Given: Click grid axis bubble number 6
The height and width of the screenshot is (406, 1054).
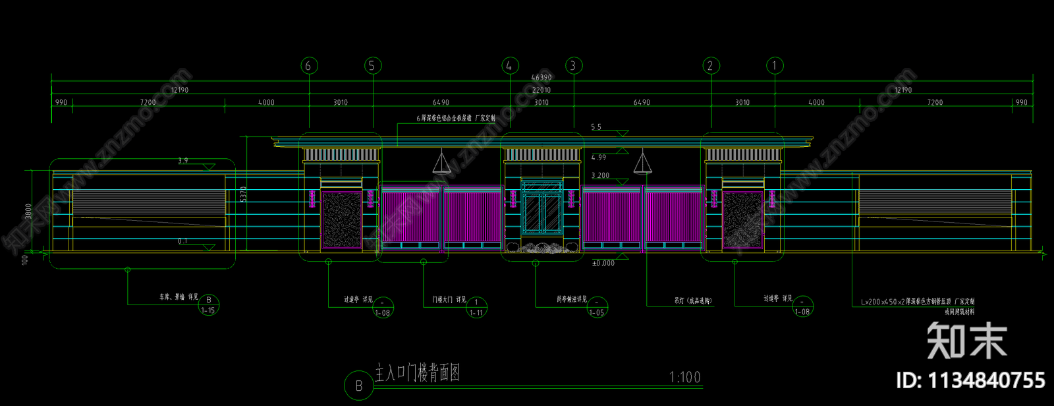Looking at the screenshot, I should point(309,66).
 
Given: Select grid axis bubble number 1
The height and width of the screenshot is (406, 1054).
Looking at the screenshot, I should point(774,66).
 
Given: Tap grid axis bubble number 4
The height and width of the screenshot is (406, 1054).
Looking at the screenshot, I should point(509,66).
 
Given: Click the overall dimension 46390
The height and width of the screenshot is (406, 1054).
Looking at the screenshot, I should point(541,78).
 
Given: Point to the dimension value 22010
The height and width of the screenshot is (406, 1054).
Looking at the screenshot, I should point(541,90).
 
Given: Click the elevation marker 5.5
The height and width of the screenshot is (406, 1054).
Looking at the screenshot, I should point(596,127).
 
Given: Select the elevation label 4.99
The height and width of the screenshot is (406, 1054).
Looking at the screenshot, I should point(599,158).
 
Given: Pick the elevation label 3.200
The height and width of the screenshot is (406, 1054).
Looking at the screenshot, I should point(600,176).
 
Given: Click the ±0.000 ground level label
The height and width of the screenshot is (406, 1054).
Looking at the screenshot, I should point(603,263).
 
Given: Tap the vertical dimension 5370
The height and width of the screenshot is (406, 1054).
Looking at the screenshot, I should point(244,194).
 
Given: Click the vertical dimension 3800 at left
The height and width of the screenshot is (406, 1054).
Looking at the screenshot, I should point(28,211).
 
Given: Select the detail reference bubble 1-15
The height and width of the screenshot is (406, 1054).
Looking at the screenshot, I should point(208,305).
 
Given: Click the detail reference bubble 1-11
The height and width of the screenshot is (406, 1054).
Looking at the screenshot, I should point(476,308).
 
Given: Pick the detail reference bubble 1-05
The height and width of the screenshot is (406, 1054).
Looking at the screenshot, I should point(597,308).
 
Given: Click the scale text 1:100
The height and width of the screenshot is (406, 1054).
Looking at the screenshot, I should point(684,377).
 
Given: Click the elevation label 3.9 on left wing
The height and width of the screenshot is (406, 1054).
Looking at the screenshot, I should point(183,161).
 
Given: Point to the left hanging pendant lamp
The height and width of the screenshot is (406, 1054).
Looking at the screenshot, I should point(441,162).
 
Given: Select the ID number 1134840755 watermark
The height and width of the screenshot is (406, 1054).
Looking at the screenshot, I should point(970,380).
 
